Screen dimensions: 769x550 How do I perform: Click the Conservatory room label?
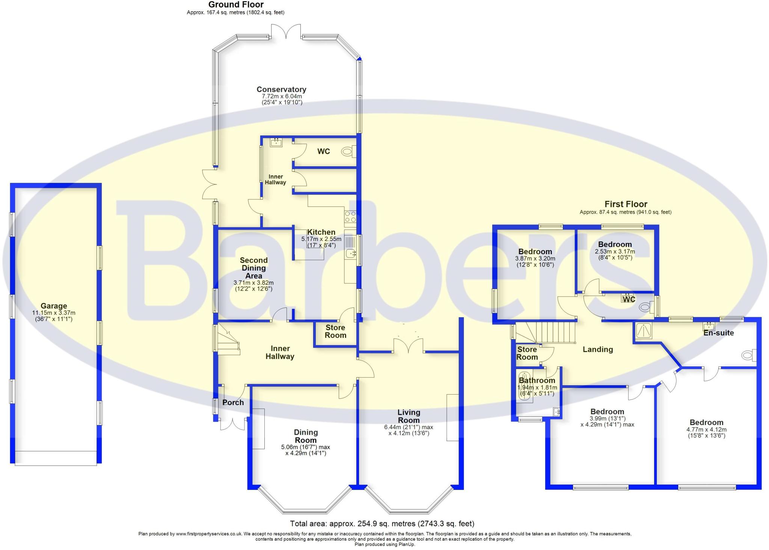coord(281,89)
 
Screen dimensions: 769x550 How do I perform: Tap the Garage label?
coord(54,306)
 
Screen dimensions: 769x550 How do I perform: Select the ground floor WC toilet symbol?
coord(348,152)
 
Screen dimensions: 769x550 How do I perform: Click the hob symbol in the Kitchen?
coord(350,217)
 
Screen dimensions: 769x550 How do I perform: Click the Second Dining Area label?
coord(253,268)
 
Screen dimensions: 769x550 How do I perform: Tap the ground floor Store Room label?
coord(335,332)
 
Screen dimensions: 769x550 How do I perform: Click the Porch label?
coord(233,402)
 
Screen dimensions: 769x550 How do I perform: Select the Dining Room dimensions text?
coord(306,450)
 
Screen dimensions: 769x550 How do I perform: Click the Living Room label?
coord(409,416)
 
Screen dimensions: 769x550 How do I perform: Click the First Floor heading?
coord(626,204)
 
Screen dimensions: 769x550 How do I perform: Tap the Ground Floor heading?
coord(236,5)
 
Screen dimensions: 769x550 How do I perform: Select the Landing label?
coord(597,350)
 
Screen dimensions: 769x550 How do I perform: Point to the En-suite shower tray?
coord(643,331)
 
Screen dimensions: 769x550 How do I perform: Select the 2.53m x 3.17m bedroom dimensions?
coord(615,255)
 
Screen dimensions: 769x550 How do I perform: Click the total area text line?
coord(382,524)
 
